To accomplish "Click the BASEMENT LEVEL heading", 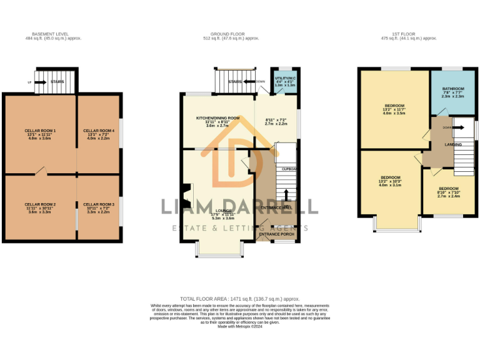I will [x=50, y=34].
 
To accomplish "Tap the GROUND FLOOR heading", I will [x=235, y=34].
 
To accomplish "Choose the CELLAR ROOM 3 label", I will [x=99, y=204].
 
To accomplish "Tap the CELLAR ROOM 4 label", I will [x=99, y=131].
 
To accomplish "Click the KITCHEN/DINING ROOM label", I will [x=218, y=118].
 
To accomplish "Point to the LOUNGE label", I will [x=222, y=211].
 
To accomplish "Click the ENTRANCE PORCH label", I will [x=277, y=234].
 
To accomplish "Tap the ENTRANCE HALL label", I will [x=276, y=207].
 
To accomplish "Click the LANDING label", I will [x=453, y=145].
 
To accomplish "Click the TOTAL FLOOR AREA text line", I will [x=239, y=299].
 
